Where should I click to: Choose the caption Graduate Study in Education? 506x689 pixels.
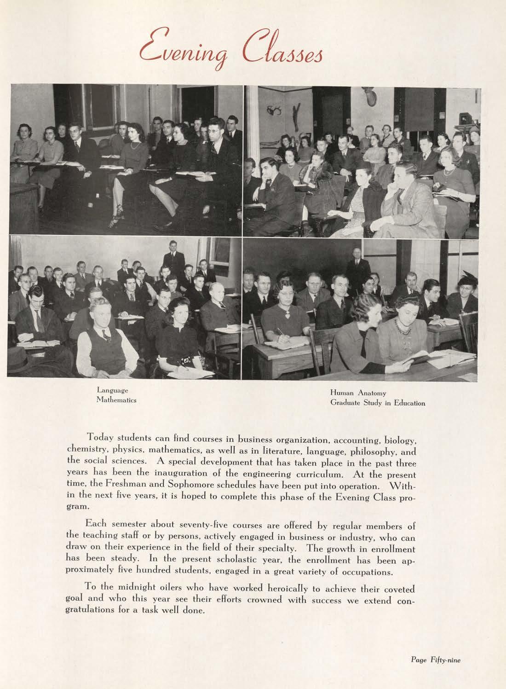(x=377, y=404)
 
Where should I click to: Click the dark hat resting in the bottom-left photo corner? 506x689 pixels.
(x=21, y=359)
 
